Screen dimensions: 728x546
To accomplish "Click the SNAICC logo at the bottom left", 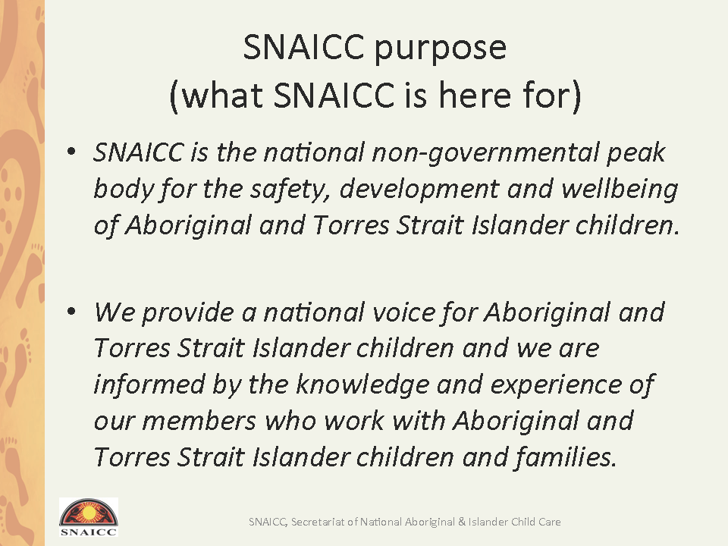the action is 89,517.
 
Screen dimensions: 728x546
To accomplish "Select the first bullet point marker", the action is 71,152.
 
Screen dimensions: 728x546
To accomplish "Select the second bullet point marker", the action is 71,311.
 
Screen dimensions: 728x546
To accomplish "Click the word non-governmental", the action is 485,154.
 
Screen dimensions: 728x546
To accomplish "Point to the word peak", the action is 636,154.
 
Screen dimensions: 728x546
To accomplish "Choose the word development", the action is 419,190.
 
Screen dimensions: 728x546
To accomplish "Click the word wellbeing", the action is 620,190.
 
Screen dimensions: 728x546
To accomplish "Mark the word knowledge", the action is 362,385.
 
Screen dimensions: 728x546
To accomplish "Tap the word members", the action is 199,421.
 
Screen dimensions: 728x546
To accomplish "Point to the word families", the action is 566,457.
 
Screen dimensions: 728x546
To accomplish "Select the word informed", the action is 149,385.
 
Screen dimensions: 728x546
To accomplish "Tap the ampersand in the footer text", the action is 462,522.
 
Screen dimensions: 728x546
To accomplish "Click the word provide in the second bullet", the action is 188,313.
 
